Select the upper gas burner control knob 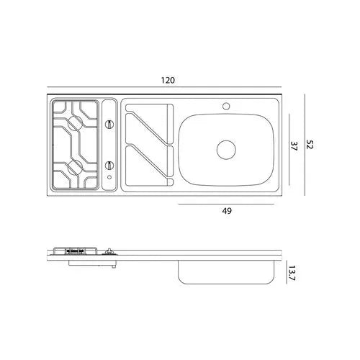tap(109, 125)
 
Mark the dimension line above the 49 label tap(228, 204)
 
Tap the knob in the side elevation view tap(109, 252)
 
